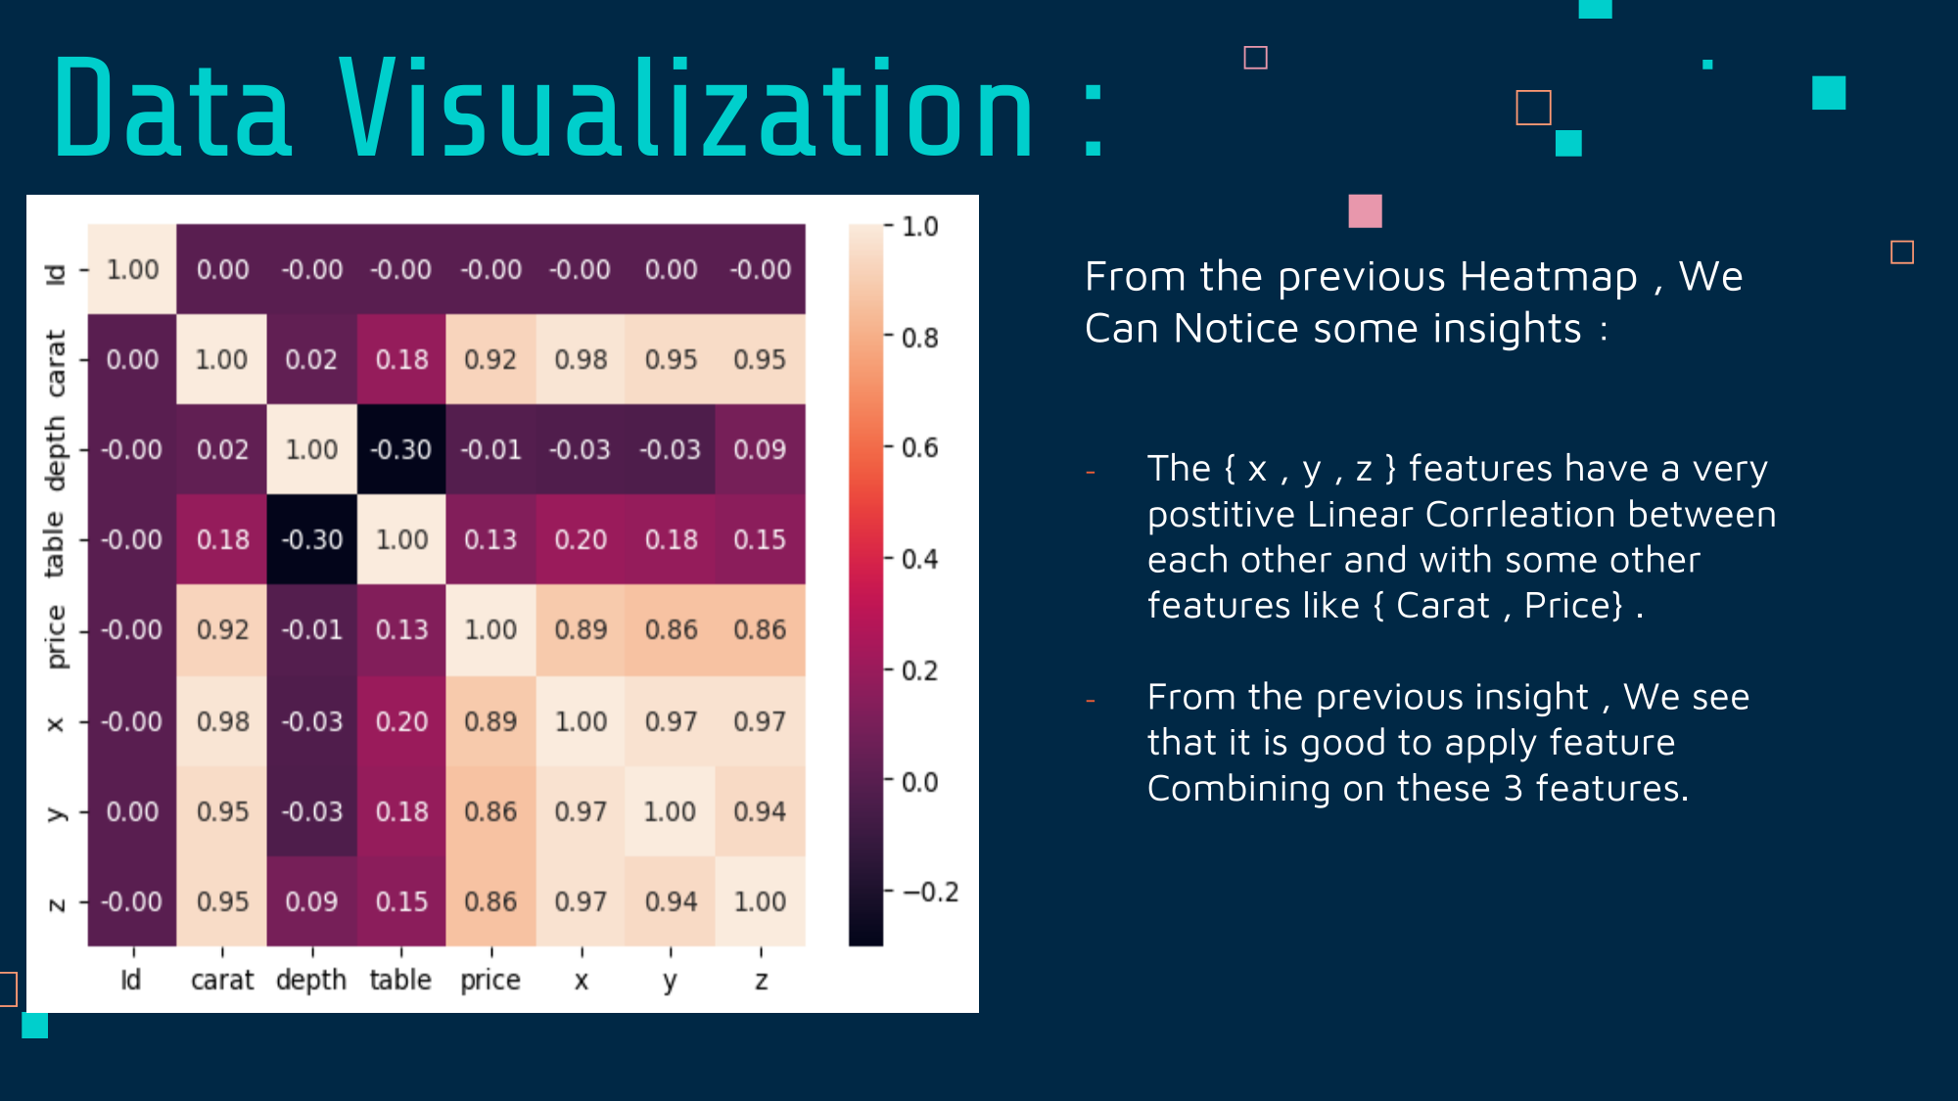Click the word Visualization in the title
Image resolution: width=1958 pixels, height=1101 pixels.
(x=686, y=107)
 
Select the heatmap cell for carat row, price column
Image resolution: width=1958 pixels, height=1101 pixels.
(x=490, y=359)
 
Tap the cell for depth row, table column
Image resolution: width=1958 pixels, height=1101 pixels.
(x=401, y=449)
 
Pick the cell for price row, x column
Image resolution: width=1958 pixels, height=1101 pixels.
(x=581, y=629)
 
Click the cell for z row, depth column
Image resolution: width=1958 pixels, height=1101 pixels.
(x=311, y=901)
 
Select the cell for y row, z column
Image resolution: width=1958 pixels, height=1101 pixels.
(x=761, y=811)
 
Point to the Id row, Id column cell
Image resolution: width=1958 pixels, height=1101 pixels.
(x=132, y=269)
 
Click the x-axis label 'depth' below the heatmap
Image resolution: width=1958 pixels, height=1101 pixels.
(x=311, y=980)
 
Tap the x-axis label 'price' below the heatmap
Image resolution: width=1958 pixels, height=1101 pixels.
(x=490, y=981)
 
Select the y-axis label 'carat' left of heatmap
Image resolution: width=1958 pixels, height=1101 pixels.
(x=56, y=363)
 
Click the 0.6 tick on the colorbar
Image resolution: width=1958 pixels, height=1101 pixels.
(x=919, y=448)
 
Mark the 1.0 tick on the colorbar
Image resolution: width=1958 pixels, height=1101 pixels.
(x=919, y=227)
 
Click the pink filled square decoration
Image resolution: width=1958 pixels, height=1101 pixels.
(x=1365, y=211)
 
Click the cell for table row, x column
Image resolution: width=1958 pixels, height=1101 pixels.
(x=581, y=539)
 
